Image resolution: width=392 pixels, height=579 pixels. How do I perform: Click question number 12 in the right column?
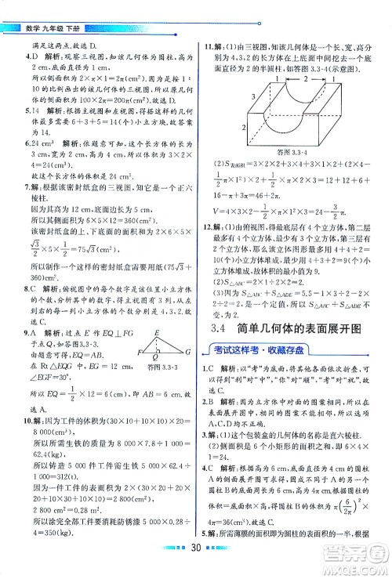(208, 245)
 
